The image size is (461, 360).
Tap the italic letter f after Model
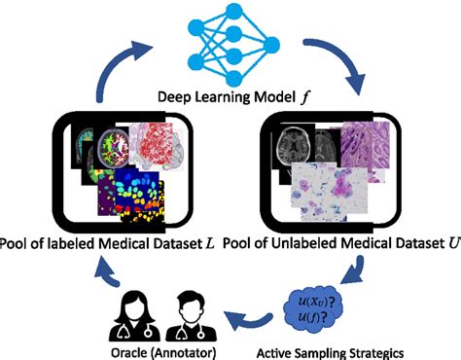[x=287, y=96]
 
